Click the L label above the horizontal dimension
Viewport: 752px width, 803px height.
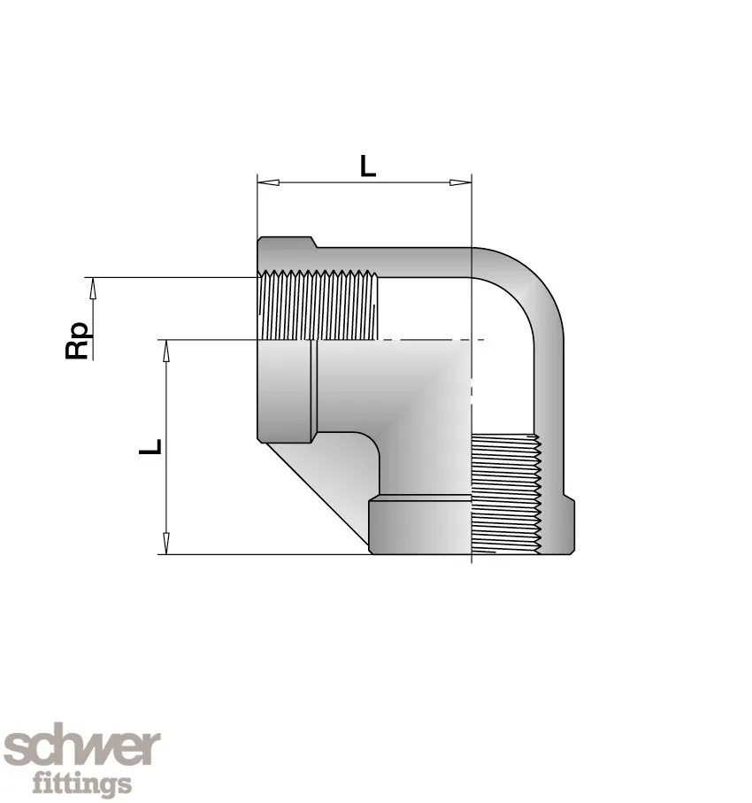click(x=367, y=166)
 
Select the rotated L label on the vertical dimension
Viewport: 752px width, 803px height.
click(x=152, y=446)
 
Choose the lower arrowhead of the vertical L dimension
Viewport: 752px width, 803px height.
click(x=165, y=542)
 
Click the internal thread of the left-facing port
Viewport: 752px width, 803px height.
click(x=318, y=306)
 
